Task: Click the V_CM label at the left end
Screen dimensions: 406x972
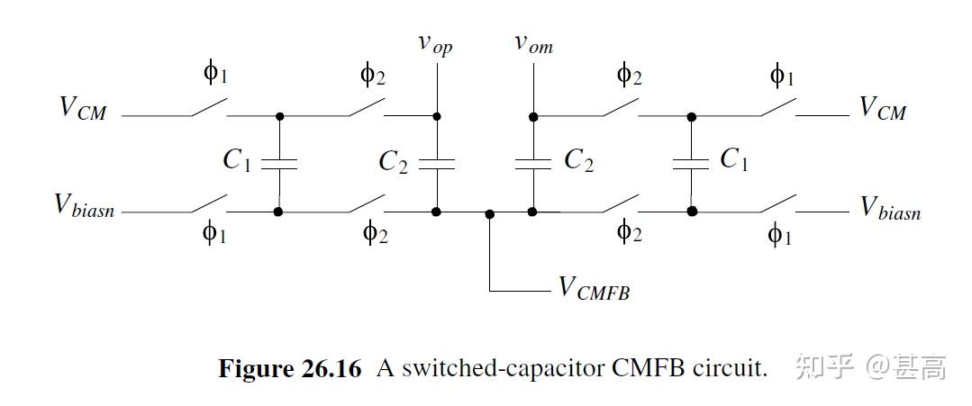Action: [x=82, y=108]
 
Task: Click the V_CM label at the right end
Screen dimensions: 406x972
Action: [x=882, y=108]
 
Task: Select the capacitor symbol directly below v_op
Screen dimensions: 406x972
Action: [x=437, y=164]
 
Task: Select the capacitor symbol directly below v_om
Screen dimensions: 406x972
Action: [x=533, y=164]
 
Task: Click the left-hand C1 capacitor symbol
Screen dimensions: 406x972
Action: [x=279, y=164]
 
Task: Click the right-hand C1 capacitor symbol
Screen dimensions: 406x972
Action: [x=691, y=164]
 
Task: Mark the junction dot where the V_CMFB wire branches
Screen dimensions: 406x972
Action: [x=489, y=213]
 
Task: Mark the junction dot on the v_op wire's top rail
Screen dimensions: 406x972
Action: [x=437, y=116]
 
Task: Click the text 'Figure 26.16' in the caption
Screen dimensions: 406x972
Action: [x=289, y=368]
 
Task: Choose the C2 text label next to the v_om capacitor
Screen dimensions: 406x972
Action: [x=578, y=160]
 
